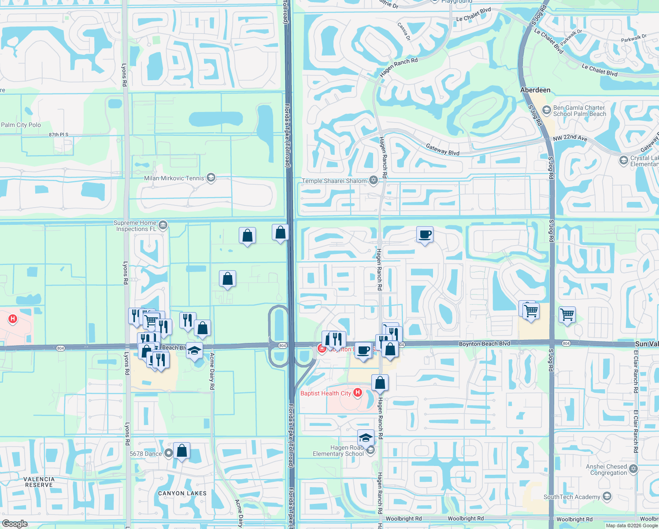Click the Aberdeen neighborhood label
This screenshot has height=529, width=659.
tap(535, 90)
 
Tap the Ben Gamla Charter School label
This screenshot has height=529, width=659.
tap(579, 111)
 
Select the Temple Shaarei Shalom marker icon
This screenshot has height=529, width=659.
tap(374, 180)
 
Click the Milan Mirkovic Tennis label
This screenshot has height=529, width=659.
tap(174, 178)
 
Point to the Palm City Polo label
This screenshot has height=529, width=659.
tap(21, 125)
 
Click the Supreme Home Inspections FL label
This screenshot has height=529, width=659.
tap(135, 226)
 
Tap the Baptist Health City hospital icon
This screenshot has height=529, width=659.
tap(358, 392)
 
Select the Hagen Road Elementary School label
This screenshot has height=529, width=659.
tap(338, 451)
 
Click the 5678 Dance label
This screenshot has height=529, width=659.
tap(146, 454)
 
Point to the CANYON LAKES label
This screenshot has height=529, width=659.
tap(182, 493)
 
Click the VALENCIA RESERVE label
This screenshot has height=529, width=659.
tap(39, 482)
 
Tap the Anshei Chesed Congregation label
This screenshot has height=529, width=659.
tap(606, 469)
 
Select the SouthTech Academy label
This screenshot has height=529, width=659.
tap(571, 497)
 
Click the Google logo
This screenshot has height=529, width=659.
tap(15, 524)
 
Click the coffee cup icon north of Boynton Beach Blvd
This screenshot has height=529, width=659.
tap(425, 235)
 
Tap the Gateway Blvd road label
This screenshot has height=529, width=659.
tap(442, 149)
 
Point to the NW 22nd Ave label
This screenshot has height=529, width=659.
tap(570, 138)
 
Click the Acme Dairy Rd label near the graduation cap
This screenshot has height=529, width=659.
tap(212, 371)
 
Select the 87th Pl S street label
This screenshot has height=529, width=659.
tap(59, 134)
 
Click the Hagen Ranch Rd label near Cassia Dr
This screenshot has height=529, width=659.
tap(398, 67)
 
